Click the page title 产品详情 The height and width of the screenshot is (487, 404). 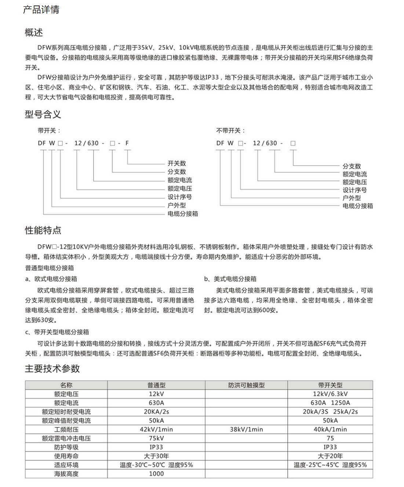pos(41,10)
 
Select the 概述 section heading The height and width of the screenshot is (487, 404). pos(34,33)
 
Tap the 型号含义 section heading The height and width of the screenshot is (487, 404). pos(43,114)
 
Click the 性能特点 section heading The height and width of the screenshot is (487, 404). pos(43,230)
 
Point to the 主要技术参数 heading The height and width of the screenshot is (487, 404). pos(52,369)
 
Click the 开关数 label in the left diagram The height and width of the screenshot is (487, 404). pos(177,163)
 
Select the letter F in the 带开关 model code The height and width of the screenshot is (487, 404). pos(127,143)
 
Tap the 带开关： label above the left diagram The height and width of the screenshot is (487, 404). pos(49,130)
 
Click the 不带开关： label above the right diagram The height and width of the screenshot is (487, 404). pos(230,130)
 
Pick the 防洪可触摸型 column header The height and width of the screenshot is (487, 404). pos(246,385)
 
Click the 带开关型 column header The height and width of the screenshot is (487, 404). pos(330,385)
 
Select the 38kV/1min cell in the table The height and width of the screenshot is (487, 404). pos(246,429)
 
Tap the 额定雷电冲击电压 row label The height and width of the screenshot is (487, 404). pos(66,438)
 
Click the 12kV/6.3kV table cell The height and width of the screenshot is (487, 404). pos(330,394)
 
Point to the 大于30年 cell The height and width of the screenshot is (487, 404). pos(156,456)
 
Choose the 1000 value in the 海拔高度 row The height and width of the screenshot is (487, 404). pos(156,474)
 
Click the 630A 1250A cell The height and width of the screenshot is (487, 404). pos(330,403)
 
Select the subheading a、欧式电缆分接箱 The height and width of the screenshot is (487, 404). pos(51,279)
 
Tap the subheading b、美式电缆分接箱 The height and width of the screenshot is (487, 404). pos(230,279)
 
